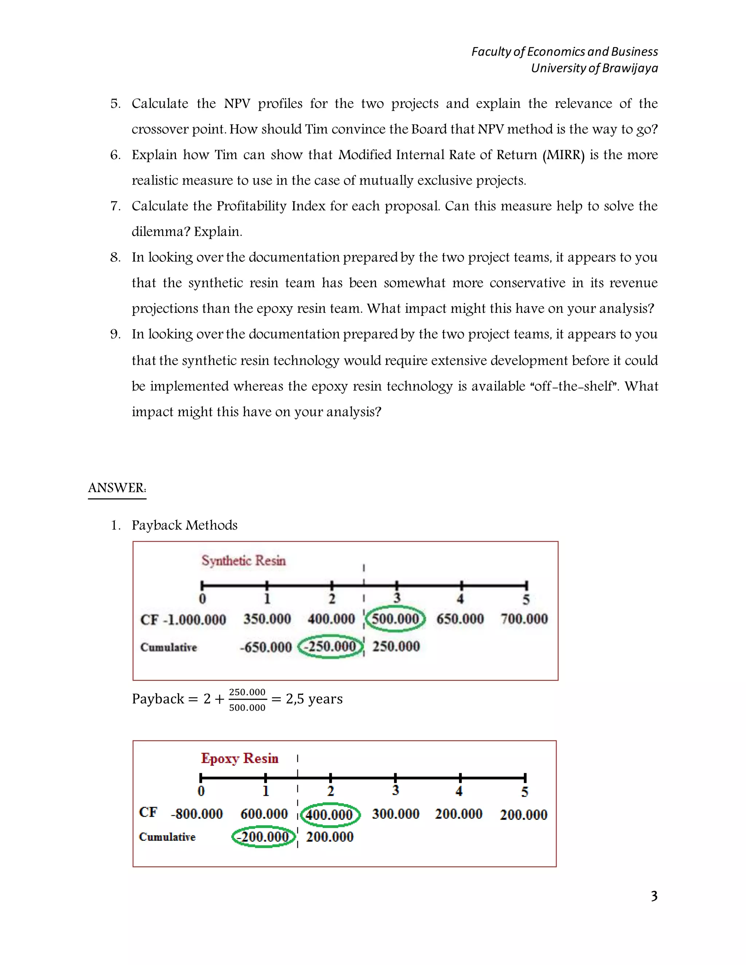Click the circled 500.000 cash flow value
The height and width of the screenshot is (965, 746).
pyautogui.click(x=396, y=619)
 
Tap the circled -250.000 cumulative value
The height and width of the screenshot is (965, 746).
pyautogui.click(x=331, y=646)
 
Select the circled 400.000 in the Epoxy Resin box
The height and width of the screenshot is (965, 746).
pyautogui.click(x=330, y=814)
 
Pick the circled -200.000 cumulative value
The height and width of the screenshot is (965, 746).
pyautogui.click(x=264, y=836)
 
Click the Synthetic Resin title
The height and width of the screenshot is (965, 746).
pyautogui.click(x=244, y=560)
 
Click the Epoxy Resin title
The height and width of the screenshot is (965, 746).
pyautogui.click(x=240, y=758)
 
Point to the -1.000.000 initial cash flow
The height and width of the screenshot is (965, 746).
pyautogui.click(x=195, y=619)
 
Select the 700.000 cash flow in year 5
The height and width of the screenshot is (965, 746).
pyautogui.click(x=524, y=619)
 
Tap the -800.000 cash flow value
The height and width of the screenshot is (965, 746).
pyautogui.click(x=197, y=814)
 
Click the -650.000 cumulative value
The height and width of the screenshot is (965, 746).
pyautogui.click(x=266, y=647)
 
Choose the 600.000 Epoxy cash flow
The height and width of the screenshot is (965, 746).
pyautogui.click(x=264, y=814)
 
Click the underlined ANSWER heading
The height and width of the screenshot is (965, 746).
pyautogui.click(x=117, y=488)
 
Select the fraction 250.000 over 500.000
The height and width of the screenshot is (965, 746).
pyautogui.click(x=247, y=700)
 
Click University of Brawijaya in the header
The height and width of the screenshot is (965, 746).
pyautogui.click(x=594, y=68)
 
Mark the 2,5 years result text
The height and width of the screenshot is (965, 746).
pyautogui.click(x=314, y=699)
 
